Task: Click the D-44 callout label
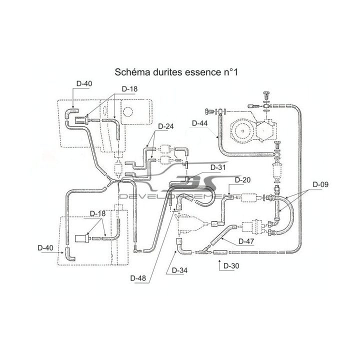click(199, 123)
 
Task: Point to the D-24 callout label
click(166, 126)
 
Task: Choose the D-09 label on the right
click(320, 184)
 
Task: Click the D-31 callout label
click(218, 167)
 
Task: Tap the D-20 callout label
click(242, 180)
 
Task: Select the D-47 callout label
click(246, 241)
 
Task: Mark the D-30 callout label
click(231, 266)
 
